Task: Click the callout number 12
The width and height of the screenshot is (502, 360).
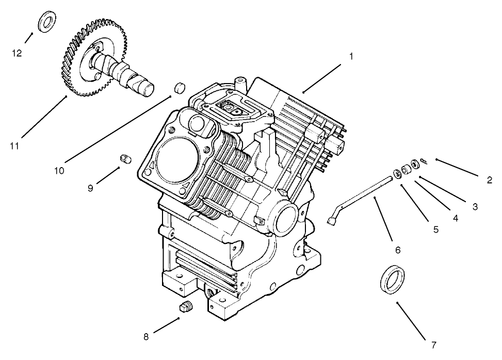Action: coord(17,53)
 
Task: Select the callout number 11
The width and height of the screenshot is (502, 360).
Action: coord(14,146)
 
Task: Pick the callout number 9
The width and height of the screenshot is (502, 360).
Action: coord(90,188)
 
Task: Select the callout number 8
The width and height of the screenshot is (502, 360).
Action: coord(146,337)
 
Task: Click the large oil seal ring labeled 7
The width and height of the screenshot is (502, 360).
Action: coord(393,279)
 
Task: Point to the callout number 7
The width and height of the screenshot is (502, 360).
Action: coord(433,344)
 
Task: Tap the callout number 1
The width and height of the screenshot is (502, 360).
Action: coord(351,56)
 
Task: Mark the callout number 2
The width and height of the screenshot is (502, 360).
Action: coord(489,180)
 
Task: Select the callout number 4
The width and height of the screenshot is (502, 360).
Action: coord(456,218)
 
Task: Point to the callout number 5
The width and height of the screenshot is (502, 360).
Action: coord(436,230)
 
